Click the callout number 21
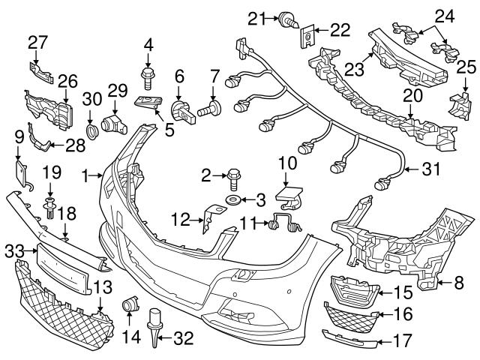tap(259, 16)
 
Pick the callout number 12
tap(178, 218)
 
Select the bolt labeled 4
tap(148, 73)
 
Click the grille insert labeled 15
tap(349, 289)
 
